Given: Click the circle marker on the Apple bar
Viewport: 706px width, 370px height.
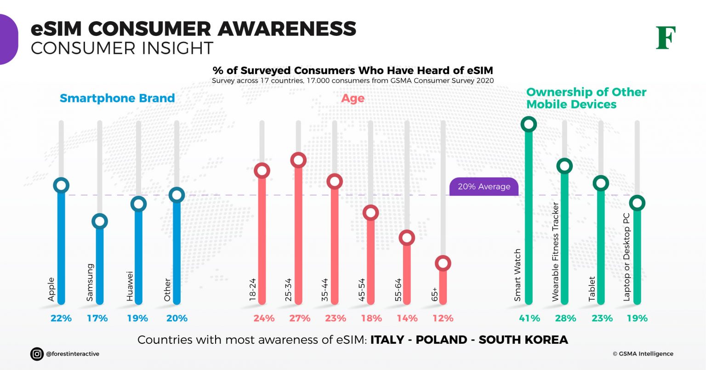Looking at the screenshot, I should point(61,185).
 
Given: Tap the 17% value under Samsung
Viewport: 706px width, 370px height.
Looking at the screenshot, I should point(97,318).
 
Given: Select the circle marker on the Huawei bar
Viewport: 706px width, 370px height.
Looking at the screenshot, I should point(138,204).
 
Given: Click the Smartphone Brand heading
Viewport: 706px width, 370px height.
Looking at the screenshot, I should point(117,98).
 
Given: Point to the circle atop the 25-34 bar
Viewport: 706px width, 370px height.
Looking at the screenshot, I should point(298,160).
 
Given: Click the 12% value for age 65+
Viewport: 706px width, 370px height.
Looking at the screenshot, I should point(443,318).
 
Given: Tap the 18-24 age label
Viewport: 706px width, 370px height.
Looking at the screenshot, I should point(252,290).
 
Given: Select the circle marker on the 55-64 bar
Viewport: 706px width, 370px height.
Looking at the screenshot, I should point(407,238).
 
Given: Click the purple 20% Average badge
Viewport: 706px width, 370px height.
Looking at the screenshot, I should point(484,187).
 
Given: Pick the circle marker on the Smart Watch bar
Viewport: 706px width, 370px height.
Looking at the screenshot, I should point(529,124).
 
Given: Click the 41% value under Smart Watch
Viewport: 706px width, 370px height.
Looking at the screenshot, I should point(529,318).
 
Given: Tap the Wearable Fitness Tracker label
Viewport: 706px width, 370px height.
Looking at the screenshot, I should point(555,251).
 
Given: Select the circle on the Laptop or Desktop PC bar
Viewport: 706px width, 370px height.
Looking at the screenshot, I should point(637,202).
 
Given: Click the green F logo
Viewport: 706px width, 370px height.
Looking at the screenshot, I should point(666,38).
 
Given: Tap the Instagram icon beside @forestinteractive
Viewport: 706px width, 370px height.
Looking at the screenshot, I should point(37,354).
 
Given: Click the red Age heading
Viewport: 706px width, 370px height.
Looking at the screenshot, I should point(353,98).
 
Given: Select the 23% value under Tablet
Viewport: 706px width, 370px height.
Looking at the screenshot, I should point(602,318).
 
